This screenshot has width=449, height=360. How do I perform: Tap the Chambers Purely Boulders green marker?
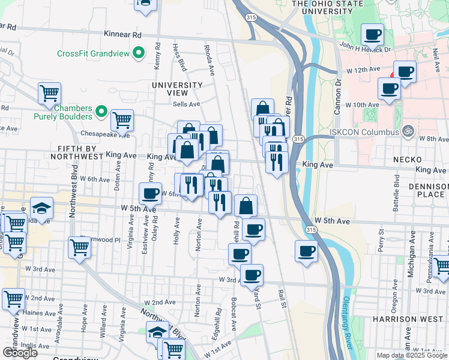101,112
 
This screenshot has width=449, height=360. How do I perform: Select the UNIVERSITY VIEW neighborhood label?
178,89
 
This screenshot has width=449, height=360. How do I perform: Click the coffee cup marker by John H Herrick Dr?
372,35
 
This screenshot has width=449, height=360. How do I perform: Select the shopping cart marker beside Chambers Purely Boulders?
122,119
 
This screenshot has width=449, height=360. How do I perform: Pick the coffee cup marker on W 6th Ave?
150,193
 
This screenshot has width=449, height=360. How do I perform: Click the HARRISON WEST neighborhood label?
410,319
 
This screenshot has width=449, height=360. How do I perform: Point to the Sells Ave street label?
186,104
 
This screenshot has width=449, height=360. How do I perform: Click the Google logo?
20,353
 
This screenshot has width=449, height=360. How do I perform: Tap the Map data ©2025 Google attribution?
411,355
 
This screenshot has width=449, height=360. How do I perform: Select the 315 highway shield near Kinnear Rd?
250,19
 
